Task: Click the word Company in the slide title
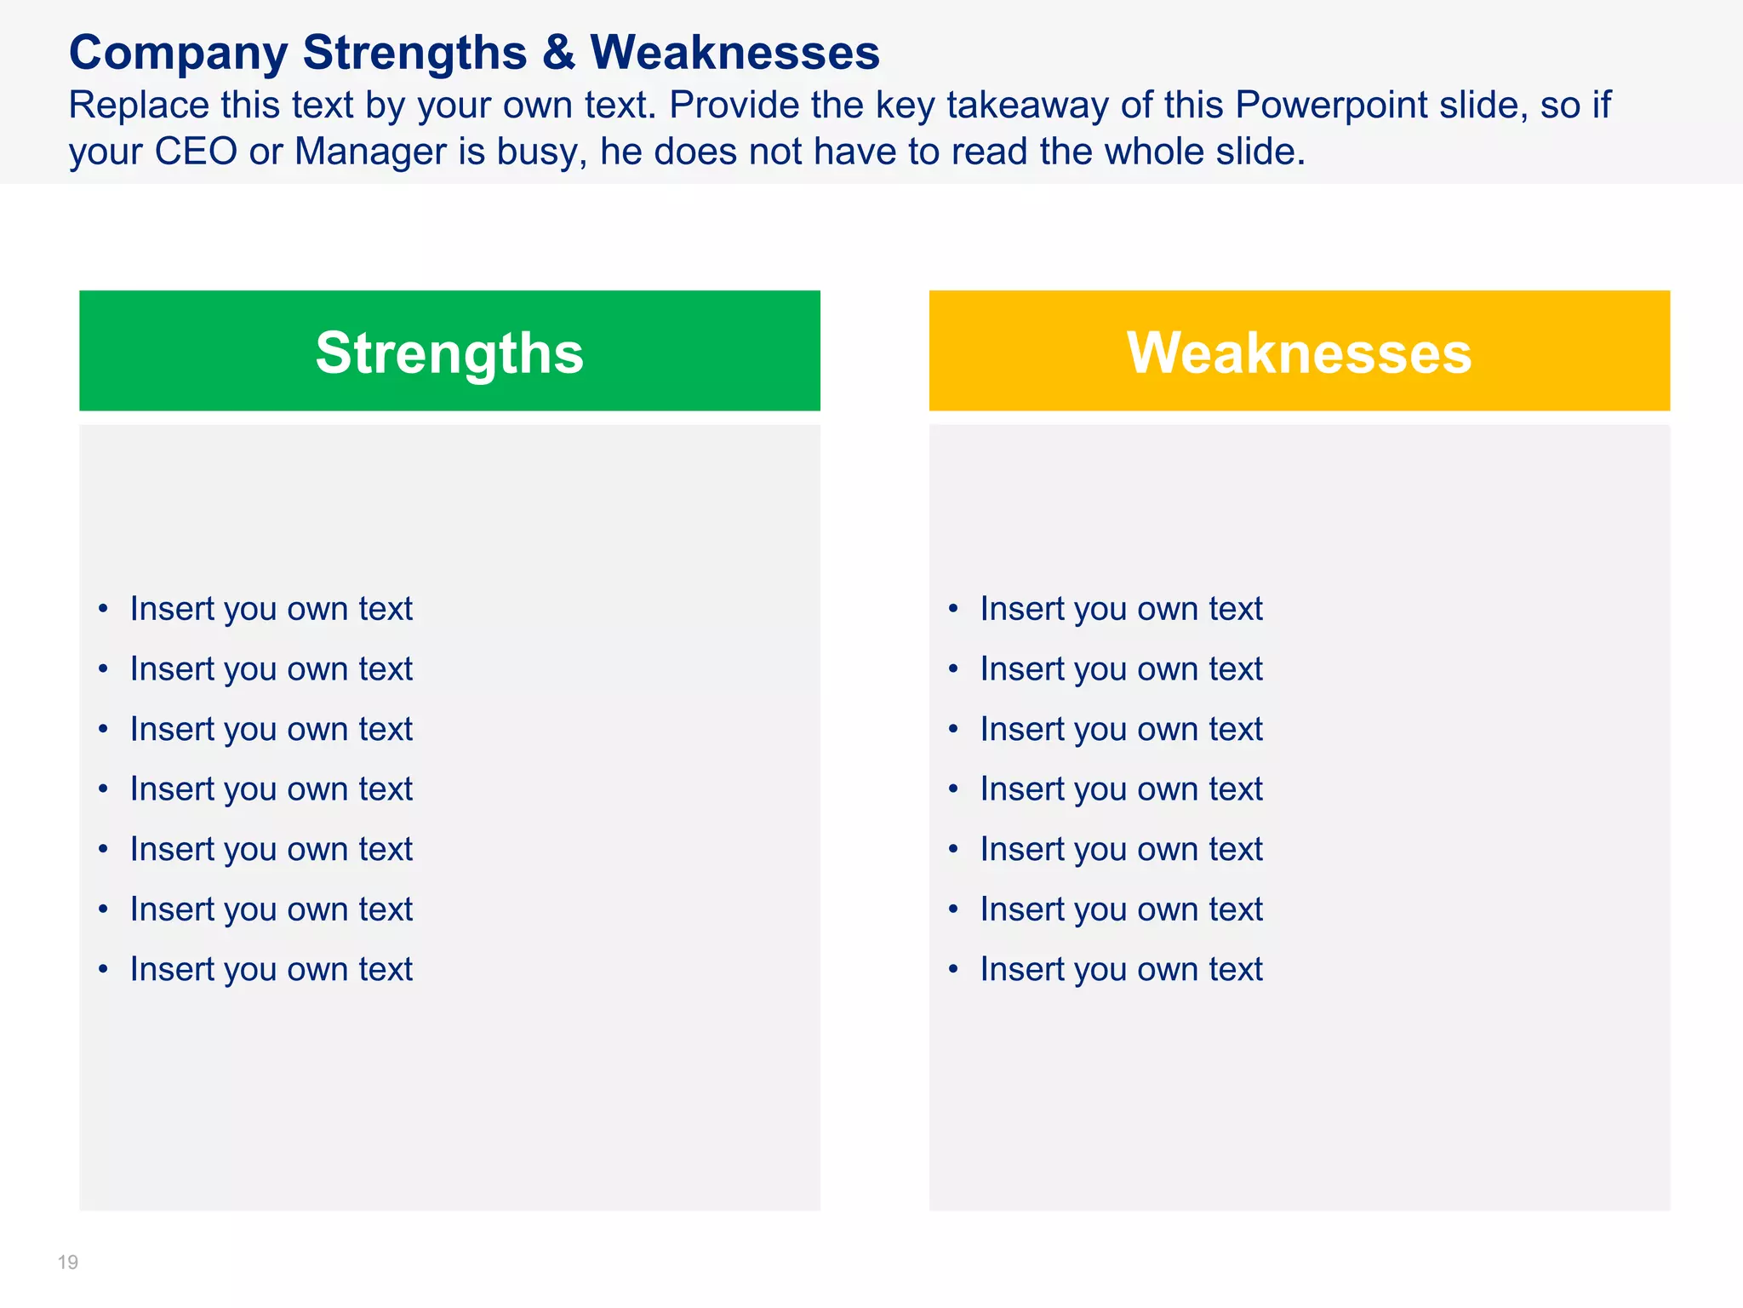(x=179, y=53)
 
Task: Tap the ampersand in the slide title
(x=558, y=53)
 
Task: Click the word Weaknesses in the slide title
(x=734, y=53)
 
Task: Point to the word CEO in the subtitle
(x=196, y=152)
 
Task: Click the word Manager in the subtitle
(x=370, y=152)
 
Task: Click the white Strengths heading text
(x=449, y=353)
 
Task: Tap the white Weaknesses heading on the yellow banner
(x=1299, y=353)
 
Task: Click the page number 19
(x=68, y=1262)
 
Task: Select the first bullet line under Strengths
(x=271, y=609)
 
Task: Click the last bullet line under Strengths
(x=271, y=969)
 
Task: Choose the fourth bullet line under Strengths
(x=271, y=789)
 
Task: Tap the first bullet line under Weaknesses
(x=1121, y=609)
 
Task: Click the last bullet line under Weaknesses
(x=1121, y=969)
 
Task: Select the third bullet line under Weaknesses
(x=1121, y=730)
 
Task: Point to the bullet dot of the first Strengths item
(x=103, y=609)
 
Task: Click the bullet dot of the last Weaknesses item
(x=953, y=969)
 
